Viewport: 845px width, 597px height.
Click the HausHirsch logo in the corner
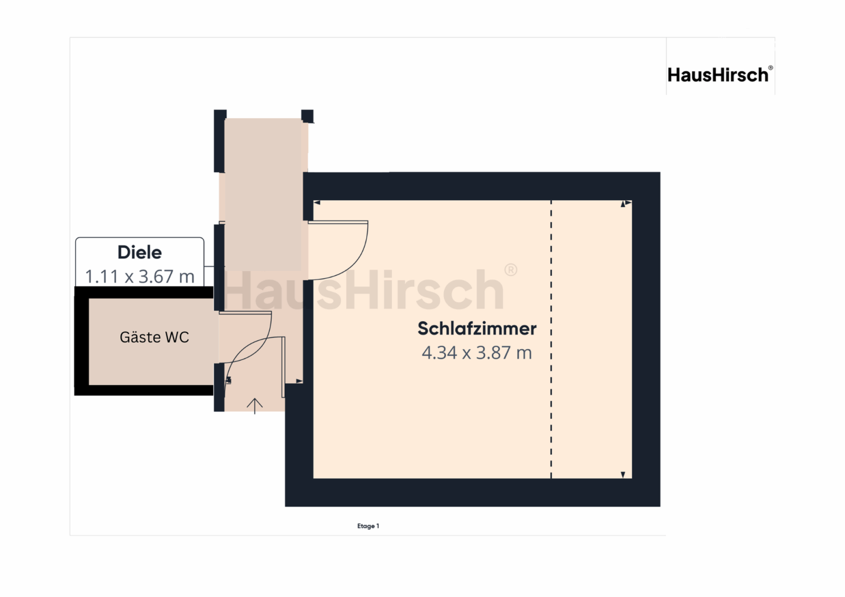pyautogui.click(x=720, y=74)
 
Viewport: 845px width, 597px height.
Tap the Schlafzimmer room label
pyautogui.click(x=477, y=328)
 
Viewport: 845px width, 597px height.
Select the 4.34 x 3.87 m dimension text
pyautogui.click(x=477, y=353)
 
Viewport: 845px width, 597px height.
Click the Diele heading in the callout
pyautogui.click(x=139, y=252)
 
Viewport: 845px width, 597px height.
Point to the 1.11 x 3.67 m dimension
pyautogui.click(x=139, y=276)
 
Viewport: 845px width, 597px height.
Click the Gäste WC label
pyautogui.click(x=154, y=337)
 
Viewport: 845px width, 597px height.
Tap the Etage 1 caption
pyautogui.click(x=368, y=526)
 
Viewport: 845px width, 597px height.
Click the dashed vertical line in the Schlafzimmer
pyautogui.click(x=551, y=339)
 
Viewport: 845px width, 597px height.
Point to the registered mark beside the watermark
pyautogui.click(x=511, y=270)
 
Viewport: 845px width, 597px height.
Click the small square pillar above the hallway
pyautogui.click(x=307, y=116)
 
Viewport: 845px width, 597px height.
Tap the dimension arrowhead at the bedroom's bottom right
pyautogui.click(x=623, y=474)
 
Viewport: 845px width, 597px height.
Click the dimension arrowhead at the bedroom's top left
pyautogui.click(x=317, y=203)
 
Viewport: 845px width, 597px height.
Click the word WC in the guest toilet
pyautogui.click(x=177, y=337)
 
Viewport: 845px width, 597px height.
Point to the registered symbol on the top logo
pyautogui.click(x=770, y=68)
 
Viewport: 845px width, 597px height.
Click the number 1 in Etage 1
pyautogui.click(x=378, y=526)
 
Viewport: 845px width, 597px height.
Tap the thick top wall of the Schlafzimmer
pyautogui.click(x=482, y=186)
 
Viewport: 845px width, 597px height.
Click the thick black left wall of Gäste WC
pyautogui.click(x=81, y=341)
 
